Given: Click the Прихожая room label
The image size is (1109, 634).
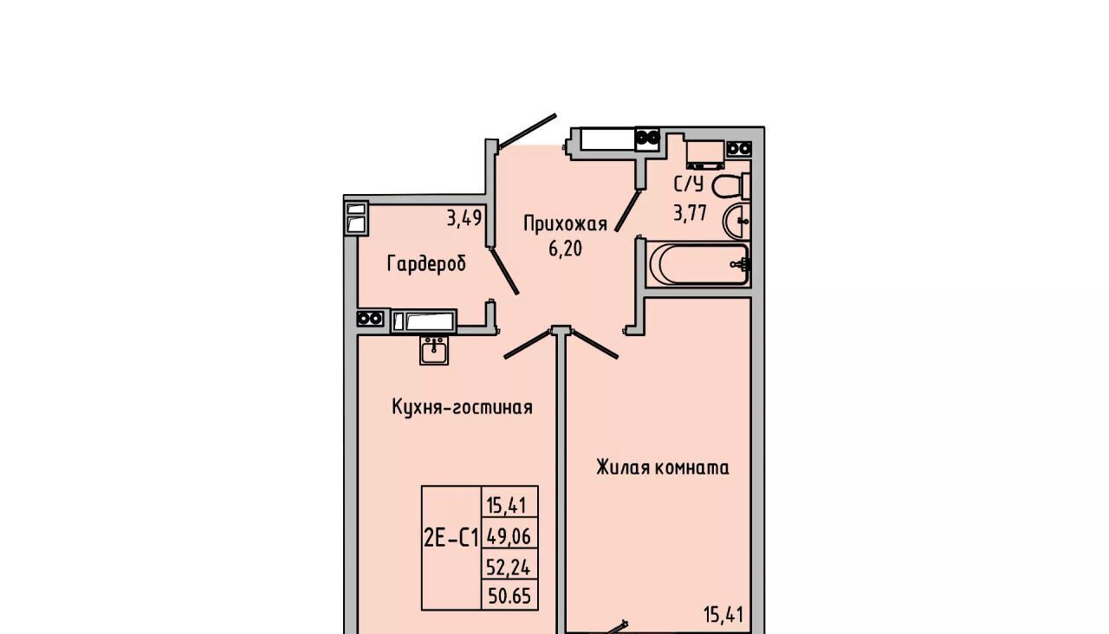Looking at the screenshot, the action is (566, 224).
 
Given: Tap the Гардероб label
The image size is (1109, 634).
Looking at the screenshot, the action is (426, 263).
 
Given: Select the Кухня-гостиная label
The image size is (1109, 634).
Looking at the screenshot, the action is (462, 407).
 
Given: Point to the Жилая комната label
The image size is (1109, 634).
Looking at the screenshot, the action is (663, 467).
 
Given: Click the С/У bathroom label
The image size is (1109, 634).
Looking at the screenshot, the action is (688, 184).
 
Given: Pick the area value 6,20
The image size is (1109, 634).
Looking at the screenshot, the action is (565, 249).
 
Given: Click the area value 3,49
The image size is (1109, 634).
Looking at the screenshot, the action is (464, 217).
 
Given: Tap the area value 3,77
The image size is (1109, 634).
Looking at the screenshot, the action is (689, 213).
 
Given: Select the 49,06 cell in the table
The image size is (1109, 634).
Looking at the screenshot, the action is (509, 536).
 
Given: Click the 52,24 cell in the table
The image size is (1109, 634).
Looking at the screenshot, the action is (509, 567).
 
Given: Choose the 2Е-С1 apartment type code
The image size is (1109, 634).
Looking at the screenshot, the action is (451, 538).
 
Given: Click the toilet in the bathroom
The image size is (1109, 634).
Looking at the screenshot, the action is (730, 186).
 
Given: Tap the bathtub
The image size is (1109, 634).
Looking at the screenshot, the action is (698, 264).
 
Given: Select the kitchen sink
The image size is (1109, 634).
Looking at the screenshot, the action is (434, 351).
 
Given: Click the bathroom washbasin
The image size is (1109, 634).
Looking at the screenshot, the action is (736, 221).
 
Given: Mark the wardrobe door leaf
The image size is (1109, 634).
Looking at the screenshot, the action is (504, 271).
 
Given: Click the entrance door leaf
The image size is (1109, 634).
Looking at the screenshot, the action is (528, 131).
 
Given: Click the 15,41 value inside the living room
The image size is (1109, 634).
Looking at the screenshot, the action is (723, 615).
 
